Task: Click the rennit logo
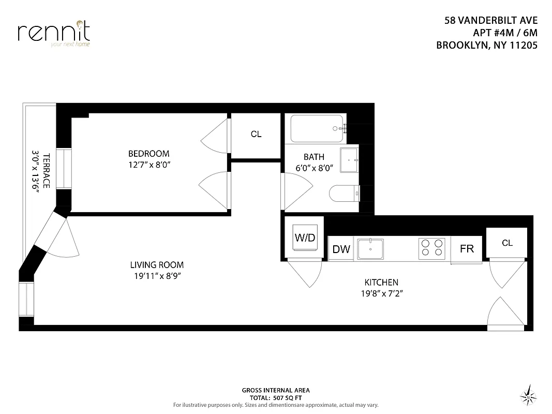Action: click(54, 32)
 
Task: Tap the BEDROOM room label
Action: click(148, 154)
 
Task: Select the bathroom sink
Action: click(349, 160)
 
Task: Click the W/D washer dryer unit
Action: click(305, 238)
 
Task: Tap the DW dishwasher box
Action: click(341, 249)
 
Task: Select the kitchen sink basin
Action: click(371, 248)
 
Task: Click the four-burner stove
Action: click(432, 248)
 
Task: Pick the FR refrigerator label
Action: click(467, 249)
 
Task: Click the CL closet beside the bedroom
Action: click(256, 134)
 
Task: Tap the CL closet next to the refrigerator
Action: click(507, 242)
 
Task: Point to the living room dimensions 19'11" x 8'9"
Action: click(157, 276)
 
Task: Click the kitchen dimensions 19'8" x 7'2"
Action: click(381, 293)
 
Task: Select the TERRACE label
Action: click(46, 171)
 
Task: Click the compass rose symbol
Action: click(528, 395)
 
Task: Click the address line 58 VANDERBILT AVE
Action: click(491, 21)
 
